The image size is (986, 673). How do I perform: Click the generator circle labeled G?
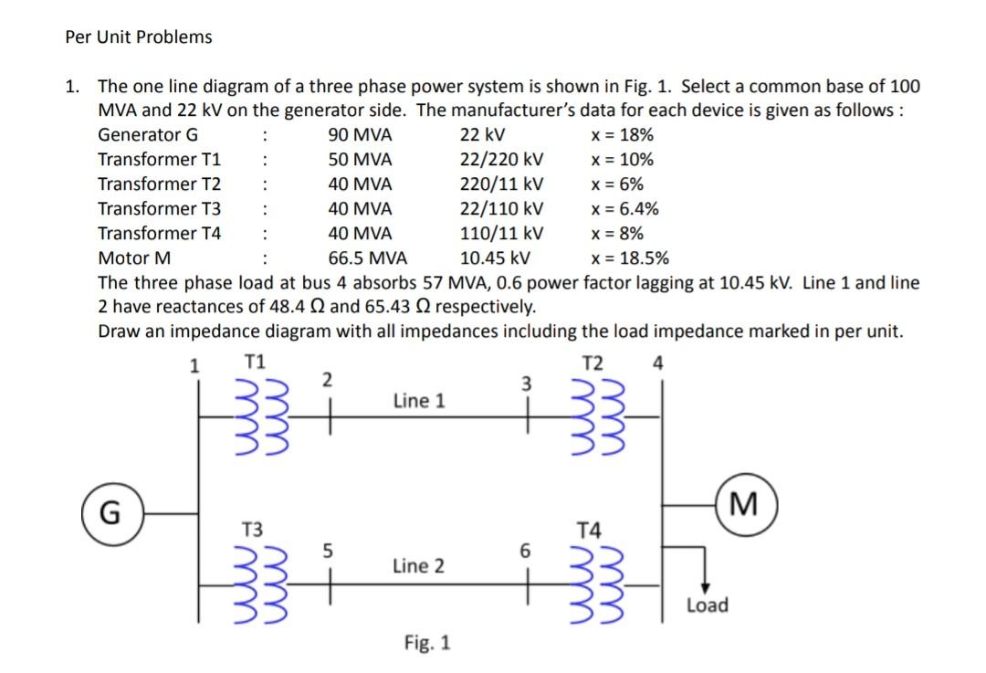[109, 513]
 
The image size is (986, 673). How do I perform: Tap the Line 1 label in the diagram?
[419, 400]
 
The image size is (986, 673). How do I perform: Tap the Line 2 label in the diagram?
[419, 566]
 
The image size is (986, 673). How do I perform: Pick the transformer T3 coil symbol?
[261, 582]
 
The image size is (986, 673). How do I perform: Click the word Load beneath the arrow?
[707, 605]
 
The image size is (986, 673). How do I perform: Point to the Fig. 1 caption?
[427, 643]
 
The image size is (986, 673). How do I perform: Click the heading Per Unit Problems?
[139, 37]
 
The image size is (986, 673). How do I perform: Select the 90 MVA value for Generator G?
[360, 135]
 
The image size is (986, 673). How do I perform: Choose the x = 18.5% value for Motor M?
[630, 258]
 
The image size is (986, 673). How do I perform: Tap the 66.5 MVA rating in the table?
[368, 258]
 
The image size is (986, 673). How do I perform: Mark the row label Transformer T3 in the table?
[160, 209]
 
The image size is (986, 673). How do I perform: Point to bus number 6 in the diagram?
[524, 551]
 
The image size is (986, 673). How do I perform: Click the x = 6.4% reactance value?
[625, 209]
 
